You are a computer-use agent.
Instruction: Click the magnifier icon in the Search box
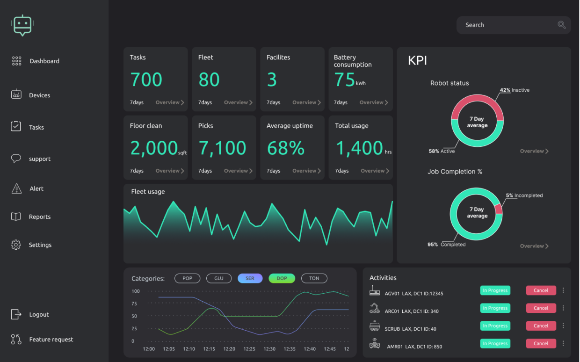[561, 25]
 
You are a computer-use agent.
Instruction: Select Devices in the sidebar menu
[39, 95]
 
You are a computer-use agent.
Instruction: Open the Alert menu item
[36, 189]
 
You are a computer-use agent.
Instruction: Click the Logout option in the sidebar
[39, 315]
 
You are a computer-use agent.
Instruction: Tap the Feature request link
[51, 340]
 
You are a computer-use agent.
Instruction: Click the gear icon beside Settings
[16, 245]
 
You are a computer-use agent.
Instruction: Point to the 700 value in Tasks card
[146, 80]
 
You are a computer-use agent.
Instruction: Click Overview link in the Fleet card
[238, 102]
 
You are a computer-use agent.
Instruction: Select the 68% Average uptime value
[286, 148]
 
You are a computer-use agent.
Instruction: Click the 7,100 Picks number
[223, 148]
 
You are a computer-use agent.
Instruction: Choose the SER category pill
[250, 278]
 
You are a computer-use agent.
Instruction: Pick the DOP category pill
[282, 278]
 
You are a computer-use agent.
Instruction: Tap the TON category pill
[314, 278]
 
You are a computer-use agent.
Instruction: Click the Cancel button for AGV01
[541, 290]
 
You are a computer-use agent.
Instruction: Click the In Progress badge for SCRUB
[495, 326]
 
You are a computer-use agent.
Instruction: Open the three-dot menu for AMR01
[563, 344]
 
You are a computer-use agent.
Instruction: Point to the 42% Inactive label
[515, 90]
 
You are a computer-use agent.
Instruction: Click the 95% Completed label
[447, 245]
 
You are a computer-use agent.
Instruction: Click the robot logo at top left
[22, 25]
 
